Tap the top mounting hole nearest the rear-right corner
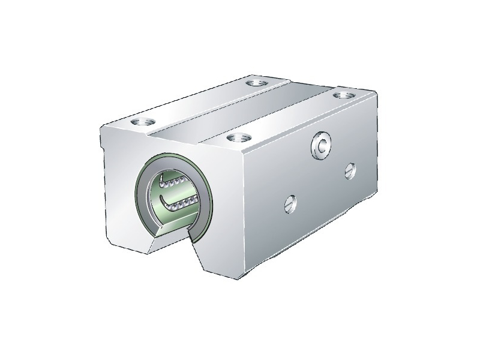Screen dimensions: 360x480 (343, 94)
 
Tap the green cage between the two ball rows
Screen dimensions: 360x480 (180, 193)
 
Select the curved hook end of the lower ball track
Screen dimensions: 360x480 (164, 200)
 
